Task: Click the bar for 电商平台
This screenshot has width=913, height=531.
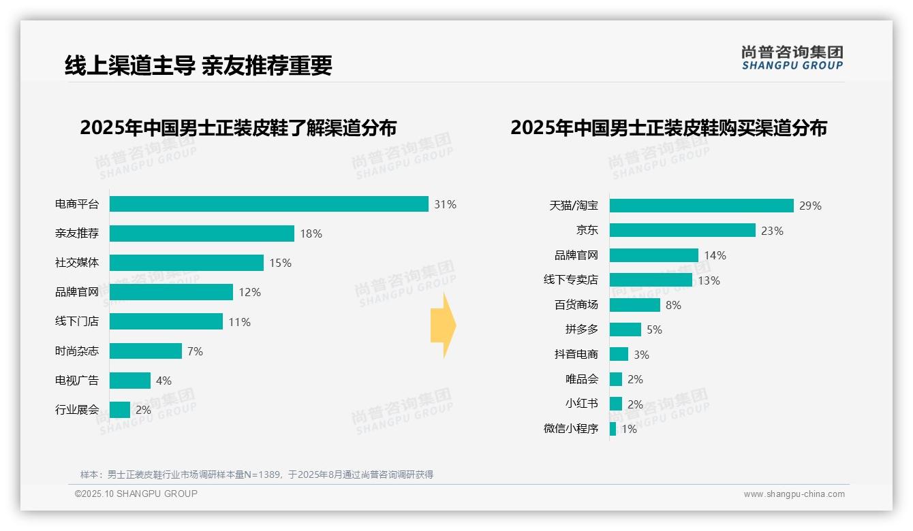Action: pyautogui.click(x=268, y=204)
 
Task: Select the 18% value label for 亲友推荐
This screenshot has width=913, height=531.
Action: pyautogui.click(x=311, y=234)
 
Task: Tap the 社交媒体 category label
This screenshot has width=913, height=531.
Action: pyautogui.click(x=76, y=263)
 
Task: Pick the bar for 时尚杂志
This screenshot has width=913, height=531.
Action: pyautogui.click(x=145, y=351)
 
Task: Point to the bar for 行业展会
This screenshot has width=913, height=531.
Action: pyautogui.click(x=119, y=410)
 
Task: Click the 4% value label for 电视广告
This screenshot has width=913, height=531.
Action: pyautogui.click(x=164, y=381)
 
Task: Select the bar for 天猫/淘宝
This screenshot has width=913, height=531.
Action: pyautogui.click(x=701, y=206)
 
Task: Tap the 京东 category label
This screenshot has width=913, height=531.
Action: pyautogui.click(x=587, y=230)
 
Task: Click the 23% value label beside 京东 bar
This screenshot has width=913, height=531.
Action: pyautogui.click(x=772, y=231)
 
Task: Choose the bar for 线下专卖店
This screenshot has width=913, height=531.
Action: pyautogui.click(x=651, y=280)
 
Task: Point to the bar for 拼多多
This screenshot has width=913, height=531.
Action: pyautogui.click(x=625, y=329)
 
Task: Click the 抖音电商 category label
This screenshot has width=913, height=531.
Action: pyautogui.click(x=576, y=354)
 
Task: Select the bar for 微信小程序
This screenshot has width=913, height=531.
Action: pyautogui.click(x=613, y=429)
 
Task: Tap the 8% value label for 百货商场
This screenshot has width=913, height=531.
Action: pyautogui.click(x=673, y=305)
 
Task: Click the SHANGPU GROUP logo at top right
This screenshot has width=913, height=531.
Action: pyautogui.click(x=792, y=58)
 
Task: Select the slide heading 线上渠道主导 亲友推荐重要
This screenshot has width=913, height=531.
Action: pyautogui.click(x=198, y=65)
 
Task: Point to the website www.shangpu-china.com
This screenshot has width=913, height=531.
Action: pyautogui.click(x=794, y=494)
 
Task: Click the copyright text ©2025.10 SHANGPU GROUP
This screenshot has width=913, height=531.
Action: pyautogui.click(x=136, y=494)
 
